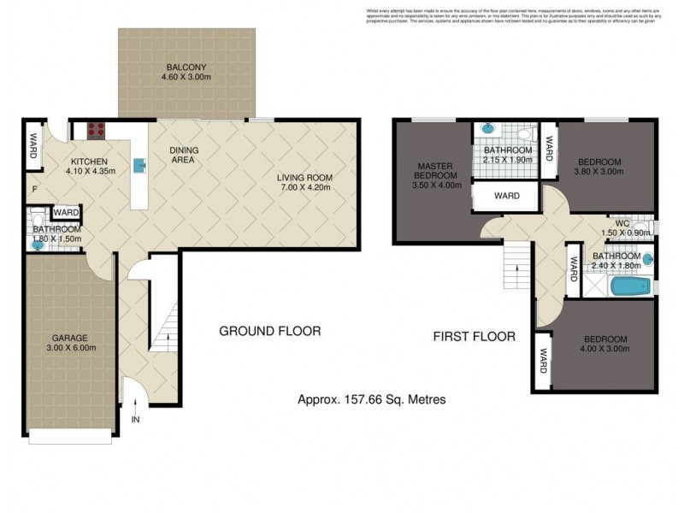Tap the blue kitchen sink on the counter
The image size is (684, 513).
point(138,165)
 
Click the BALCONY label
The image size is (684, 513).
point(186,68)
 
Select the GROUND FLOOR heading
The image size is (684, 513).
point(270,331)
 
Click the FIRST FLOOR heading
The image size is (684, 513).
point(474,337)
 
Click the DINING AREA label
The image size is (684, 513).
point(183,155)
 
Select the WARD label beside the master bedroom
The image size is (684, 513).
point(507,196)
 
